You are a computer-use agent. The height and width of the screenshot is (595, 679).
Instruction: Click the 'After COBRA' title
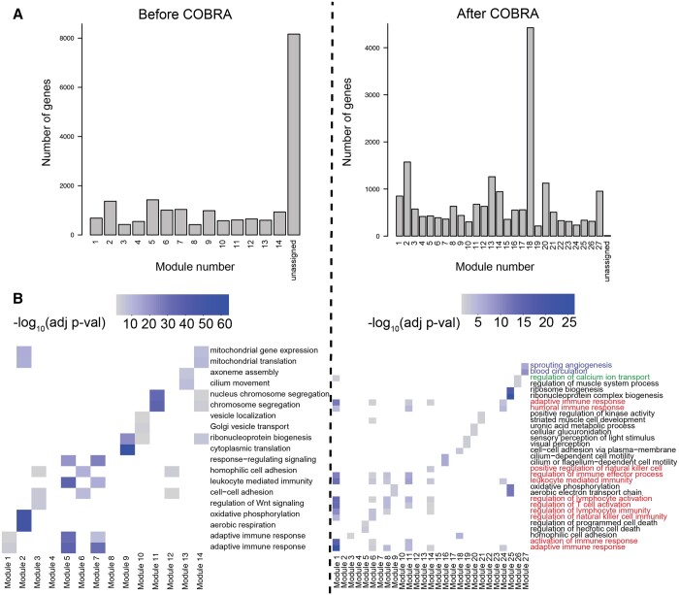click(505, 16)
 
